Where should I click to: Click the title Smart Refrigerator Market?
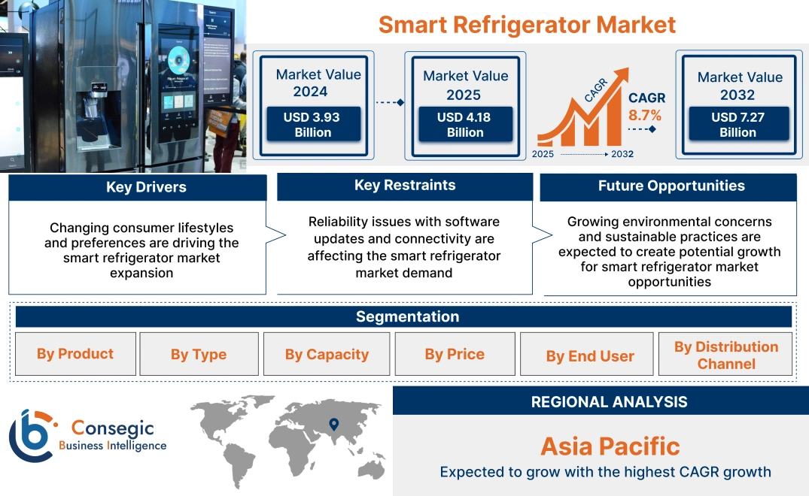(x=527, y=24)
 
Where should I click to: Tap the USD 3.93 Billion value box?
(x=313, y=125)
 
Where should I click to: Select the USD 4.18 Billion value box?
(x=465, y=125)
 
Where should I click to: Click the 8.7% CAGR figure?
(x=645, y=115)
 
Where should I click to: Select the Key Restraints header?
(x=405, y=185)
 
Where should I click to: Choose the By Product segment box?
(x=75, y=354)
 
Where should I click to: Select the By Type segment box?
(x=199, y=355)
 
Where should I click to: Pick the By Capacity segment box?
(x=327, y=355)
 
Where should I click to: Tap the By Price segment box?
(x=455, y=354)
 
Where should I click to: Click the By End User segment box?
(x=590, y=356)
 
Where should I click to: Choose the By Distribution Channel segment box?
(x=725, y=355)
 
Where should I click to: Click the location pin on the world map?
(x=333, y=426)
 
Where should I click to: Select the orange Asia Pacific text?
(x=610, y=446)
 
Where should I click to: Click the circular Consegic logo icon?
(x=32, y=435)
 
